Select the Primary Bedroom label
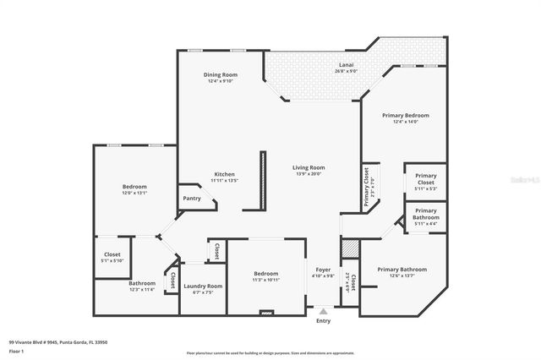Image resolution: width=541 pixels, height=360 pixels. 405,115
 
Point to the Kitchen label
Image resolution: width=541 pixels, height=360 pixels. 224,174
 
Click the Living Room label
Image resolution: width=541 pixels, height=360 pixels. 309,168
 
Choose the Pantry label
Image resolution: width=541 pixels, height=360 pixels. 192,199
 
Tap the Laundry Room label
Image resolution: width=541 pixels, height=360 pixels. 203,286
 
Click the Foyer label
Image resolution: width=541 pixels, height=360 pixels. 324,270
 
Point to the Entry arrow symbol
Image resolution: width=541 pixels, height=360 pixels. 323,312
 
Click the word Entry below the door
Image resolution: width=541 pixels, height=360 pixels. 323,321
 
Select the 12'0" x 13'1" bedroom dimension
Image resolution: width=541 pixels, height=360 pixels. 134,193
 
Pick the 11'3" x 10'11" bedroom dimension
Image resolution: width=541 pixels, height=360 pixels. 265,279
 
